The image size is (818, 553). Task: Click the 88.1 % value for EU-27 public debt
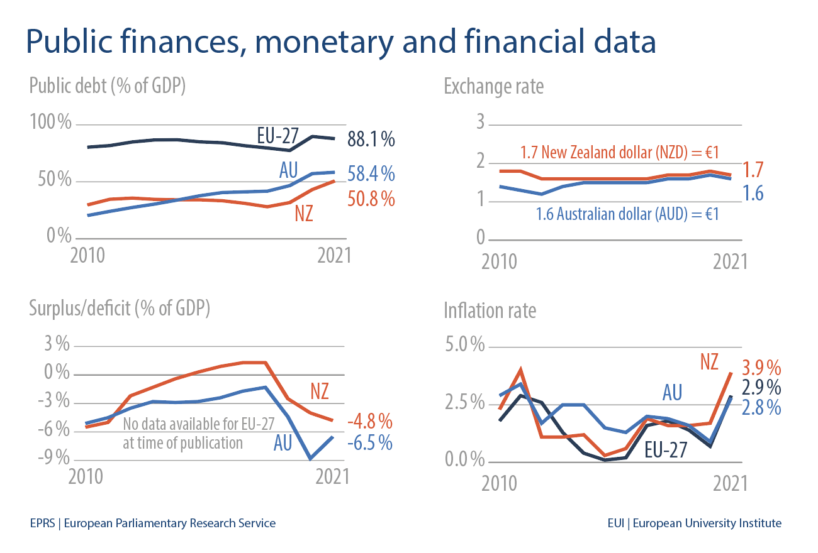(x=371, y=139)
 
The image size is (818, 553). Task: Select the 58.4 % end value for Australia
(x=371, y=173)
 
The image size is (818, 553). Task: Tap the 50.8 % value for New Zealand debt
(x=371, y=199)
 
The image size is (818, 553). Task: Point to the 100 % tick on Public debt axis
(x=50, y=123)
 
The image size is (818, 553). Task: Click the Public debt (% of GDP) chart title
(x=107, y=85)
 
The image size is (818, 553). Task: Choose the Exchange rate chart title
(x=493, y=86)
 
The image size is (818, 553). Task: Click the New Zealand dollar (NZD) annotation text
(x=619, y=152)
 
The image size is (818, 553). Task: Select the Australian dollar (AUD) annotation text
(x=627, y=214)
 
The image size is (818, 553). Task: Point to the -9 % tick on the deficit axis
(x=53, y=457)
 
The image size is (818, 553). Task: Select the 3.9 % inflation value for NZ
(x=761, y=366)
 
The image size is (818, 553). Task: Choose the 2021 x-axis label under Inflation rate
(x=730, y=485)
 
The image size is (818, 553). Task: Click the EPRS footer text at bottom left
(x=152, y=523)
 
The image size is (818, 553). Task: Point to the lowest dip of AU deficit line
(x=310, y=459)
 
